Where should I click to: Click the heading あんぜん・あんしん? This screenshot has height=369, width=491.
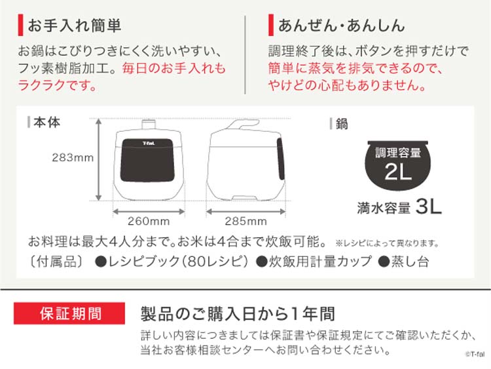click(341, 26)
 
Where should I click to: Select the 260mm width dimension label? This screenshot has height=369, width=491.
click(150, 220)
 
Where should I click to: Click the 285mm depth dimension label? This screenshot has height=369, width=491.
click(246, 220)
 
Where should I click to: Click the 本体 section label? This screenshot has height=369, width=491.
click(45, 123)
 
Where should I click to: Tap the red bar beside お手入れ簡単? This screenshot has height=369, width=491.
click(22, 26)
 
